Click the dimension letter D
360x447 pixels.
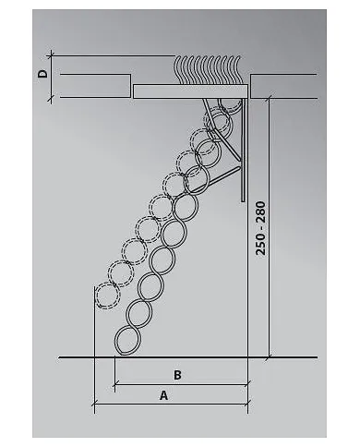pos(42,74)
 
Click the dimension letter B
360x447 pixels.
pos(177,375)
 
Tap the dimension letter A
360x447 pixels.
pos(164,395)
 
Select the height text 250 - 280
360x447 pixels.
pos(260,228)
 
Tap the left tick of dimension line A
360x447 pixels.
pos(94,403)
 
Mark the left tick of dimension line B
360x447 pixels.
pos(114,384)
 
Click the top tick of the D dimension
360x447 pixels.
pos(51,55)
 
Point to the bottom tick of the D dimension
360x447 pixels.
pos(51,98)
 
